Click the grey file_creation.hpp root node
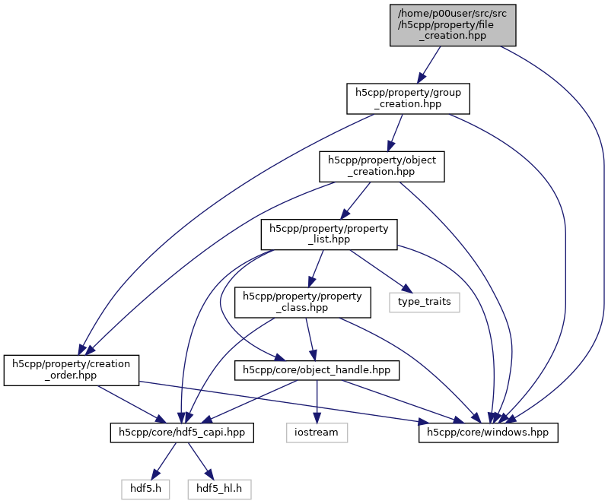[x=453, y=24]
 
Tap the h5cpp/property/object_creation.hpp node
[x=380, y=166]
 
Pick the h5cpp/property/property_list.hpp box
[x=329, y=234]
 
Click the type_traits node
[x=425, y=302]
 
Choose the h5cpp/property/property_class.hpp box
[x=303, y=302]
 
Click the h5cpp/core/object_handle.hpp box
[x=316, y=370]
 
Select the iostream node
[x=317, y=433]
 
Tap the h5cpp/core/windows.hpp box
[x=489, y=433]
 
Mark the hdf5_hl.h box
[x=219, y=489]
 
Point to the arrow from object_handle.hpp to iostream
[x=317, y=403]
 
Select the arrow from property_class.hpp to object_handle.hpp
[x=310, y=336]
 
